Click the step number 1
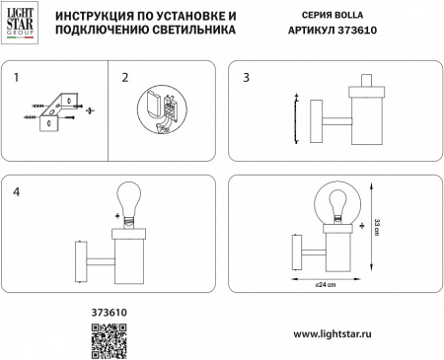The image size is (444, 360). point(16,76)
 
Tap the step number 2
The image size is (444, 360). point(125,76)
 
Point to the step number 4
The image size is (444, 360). point(16,190)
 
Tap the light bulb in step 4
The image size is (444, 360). point(129,200)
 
